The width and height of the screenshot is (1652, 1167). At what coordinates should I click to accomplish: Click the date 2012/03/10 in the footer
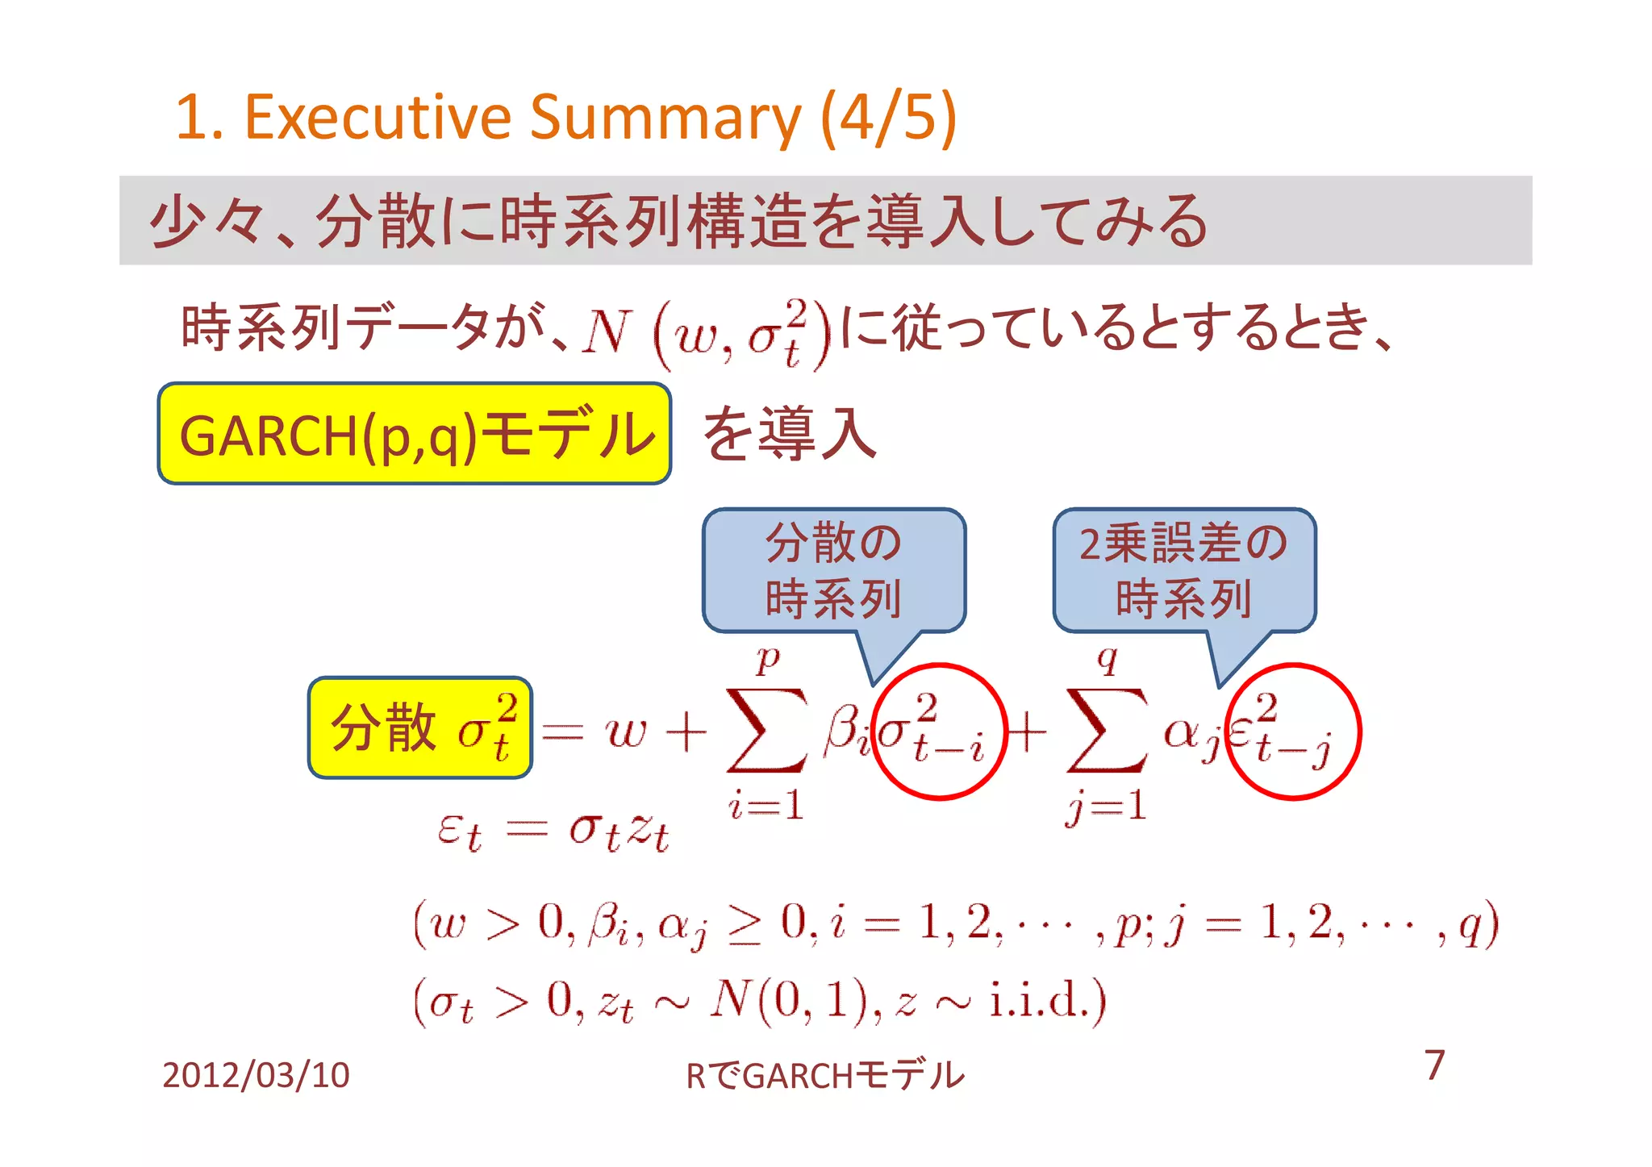256,1075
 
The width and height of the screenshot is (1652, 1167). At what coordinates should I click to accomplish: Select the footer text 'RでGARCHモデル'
824,1075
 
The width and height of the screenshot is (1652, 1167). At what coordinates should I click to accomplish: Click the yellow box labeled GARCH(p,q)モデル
415,434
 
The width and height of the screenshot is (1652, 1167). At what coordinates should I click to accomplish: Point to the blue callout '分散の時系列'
833,570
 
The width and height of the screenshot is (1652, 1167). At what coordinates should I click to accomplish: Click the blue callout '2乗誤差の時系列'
1183,570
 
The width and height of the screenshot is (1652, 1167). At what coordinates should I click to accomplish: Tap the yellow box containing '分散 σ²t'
420,727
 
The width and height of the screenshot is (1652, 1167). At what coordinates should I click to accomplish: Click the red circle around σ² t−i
940,731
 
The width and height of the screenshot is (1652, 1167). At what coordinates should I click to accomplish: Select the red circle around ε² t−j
1293,731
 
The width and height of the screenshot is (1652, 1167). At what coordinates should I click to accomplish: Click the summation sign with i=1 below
766,730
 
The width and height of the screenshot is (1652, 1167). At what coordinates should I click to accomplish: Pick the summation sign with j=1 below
1107,730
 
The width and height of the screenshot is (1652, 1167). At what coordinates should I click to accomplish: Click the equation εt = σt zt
553,831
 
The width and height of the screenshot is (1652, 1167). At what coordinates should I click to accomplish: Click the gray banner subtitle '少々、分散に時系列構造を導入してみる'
678,220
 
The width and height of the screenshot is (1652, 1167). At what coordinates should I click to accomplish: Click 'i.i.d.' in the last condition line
1047,1000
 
